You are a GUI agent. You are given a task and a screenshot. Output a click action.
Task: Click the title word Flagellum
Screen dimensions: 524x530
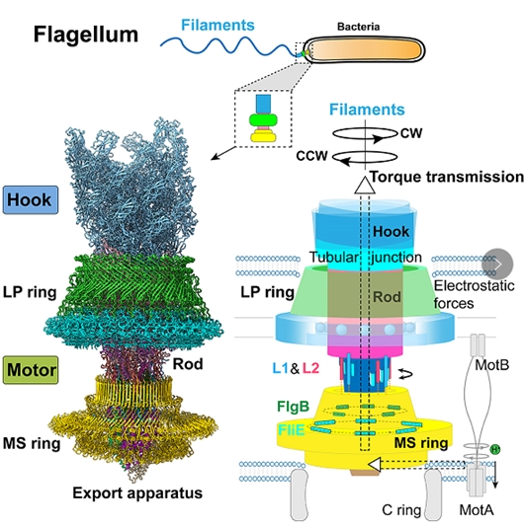tap(86, 36)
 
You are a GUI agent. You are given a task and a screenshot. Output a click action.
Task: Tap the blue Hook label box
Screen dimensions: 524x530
tap(31, 199)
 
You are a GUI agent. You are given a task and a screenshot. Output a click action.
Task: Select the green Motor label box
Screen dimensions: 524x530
tap(31, 370)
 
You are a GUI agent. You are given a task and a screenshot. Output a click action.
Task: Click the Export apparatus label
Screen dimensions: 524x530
tap(137, 493)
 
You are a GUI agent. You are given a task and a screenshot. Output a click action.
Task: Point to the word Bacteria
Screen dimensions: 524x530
tap(358, 27)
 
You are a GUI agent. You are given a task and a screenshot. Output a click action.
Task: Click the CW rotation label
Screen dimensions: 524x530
tap(411, 133)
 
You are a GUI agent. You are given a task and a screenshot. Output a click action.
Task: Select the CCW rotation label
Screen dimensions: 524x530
tap(311, 156)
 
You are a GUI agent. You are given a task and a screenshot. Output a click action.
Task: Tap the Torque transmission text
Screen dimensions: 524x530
tap(447, 177)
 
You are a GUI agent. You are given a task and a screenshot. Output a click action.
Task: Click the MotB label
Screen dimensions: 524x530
tap(491, 365)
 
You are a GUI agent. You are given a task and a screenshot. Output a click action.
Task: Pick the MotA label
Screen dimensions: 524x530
tap(477, 510)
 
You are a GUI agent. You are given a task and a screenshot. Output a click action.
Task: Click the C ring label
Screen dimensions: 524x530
tap(401, 510)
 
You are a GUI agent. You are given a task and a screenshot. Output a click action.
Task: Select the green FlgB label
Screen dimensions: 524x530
tap(293, 407)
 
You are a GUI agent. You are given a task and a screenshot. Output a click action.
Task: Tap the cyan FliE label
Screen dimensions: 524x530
tap(291, 430)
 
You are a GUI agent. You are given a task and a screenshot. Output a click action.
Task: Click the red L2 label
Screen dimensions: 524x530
tap(310, 368)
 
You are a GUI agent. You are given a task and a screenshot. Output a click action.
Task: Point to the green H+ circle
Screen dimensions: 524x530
tap(495, 449)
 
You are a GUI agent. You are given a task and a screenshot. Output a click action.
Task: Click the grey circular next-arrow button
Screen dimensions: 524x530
tap(497, 265)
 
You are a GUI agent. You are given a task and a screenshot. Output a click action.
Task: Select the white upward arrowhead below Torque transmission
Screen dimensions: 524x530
tap(365, 185)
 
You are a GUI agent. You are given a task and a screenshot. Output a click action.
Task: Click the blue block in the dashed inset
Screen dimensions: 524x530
tap(263, 104)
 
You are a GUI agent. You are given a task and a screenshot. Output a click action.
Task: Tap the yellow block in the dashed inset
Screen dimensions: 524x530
tap(263, 136)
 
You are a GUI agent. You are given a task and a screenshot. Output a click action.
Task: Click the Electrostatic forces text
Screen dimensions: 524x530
tap(474, 294)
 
